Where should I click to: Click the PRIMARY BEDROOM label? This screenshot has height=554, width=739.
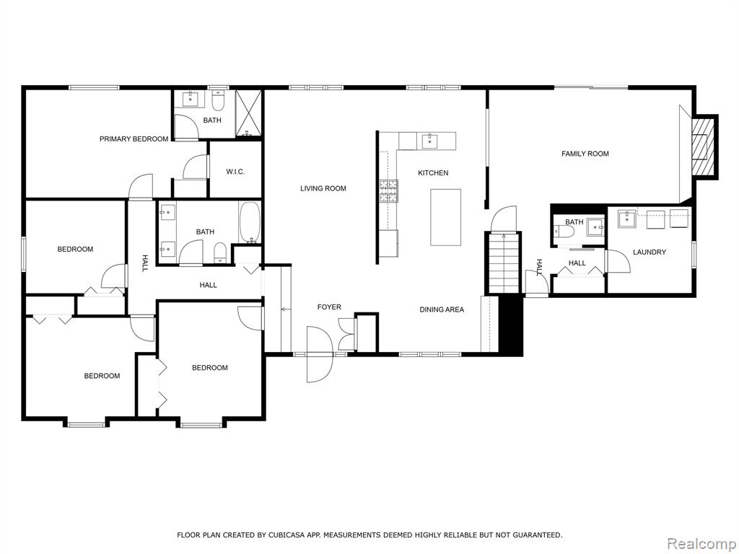[134, 139]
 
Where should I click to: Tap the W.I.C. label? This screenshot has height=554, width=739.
[235, 172]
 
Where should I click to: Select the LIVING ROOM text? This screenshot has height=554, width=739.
[323, 188]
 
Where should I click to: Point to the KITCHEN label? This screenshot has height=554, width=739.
[433, 173]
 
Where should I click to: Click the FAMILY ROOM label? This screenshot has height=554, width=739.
[585, 154]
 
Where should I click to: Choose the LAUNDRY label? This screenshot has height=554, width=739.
[650, 252]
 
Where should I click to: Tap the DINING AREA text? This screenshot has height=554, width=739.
[442, 309]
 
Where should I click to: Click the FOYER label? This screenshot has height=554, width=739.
[329, 307]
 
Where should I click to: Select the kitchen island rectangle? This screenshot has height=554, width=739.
[445, 217]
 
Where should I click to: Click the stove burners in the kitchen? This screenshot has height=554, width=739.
[388, 191]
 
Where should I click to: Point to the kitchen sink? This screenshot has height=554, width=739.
[430, 141]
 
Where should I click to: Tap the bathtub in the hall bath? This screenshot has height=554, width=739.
[249, 222]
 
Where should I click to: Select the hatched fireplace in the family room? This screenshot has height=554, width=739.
[703, 147]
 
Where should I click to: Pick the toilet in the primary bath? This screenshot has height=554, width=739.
[218, 100]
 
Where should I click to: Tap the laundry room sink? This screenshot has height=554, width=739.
[627, 218]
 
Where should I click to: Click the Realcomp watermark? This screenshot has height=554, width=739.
[701, 543]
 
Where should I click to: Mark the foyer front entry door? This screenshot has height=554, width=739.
[320, 354]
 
